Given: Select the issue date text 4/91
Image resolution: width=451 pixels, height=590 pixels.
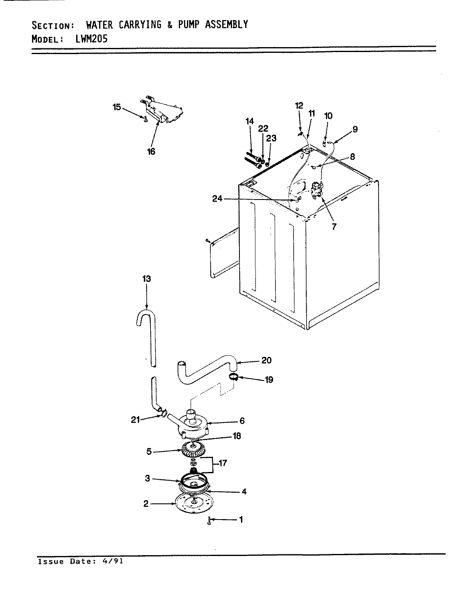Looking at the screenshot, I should coord(114,561).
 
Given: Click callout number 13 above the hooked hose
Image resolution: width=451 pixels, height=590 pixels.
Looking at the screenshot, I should coord(146,279).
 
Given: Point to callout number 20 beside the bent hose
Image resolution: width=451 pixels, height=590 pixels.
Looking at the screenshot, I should coord(266,361).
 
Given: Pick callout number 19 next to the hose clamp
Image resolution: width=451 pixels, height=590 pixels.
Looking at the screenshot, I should coord(269,379).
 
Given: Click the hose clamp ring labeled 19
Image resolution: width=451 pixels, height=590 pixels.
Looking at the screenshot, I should coord(233,376).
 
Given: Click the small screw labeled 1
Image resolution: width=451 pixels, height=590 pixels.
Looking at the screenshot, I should coord(210,521).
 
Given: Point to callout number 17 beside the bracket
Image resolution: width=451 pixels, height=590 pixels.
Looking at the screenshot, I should coord(223,464).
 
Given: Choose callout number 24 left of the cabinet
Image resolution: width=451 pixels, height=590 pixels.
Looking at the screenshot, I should coord(218,199).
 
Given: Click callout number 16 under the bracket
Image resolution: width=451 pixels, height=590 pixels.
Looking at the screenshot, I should coord(151,152).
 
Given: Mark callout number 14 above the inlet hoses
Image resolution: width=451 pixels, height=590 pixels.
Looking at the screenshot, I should coord(250,121).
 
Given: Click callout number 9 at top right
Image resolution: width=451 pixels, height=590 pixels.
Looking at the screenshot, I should coord(355,129).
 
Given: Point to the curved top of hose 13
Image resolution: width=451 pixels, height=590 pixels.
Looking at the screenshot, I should coord(145,316).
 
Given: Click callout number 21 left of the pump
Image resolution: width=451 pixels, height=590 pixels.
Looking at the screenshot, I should coord(136,419).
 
